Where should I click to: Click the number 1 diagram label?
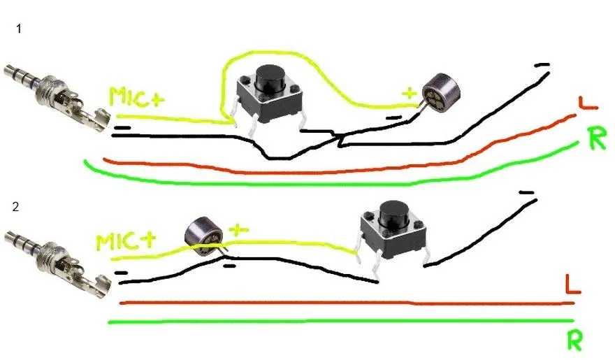(19, 29)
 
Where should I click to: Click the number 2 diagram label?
(15, 207)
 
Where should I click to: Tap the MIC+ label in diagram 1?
(136, 97)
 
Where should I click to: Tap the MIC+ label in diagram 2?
(126, 242)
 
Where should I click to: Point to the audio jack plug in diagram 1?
(57, 97)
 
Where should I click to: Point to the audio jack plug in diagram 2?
(57, 263)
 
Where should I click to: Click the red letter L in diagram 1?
(588, 103)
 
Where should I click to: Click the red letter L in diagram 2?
(572, 284)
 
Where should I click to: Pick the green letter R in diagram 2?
(575, 340)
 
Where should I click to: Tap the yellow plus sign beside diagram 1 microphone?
(409, 94)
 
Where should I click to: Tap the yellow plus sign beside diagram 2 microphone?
(238, 229)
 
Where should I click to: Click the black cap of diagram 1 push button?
(270, 79)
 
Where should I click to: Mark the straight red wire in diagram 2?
(347, 303)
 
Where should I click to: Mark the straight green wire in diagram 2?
(340, 322)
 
